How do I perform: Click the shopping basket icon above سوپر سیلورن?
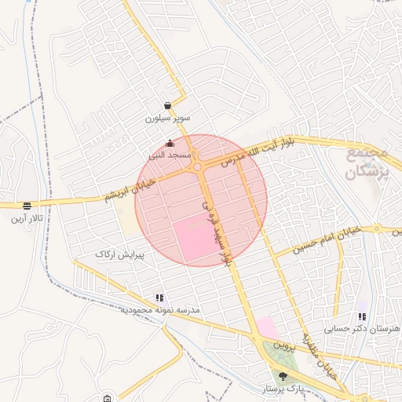tap(168, 106)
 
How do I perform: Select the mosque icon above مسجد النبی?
tap(170, 143)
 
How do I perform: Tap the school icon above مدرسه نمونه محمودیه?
tap(160, 298)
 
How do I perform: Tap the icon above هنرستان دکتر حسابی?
tap(362, 316)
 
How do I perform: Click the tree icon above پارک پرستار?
tap(283, 377)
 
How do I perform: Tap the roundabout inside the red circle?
tap(198, 166)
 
